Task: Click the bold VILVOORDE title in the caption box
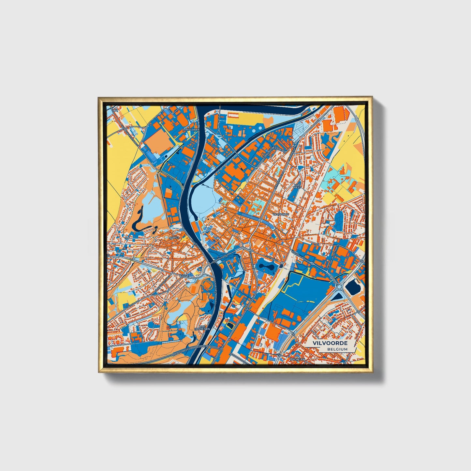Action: click(330, 343)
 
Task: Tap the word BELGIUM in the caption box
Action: click(338, 349)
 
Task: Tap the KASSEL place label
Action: click(184, 276)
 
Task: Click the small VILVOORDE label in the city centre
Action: click(281, 214)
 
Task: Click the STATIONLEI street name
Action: click(272, 258)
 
